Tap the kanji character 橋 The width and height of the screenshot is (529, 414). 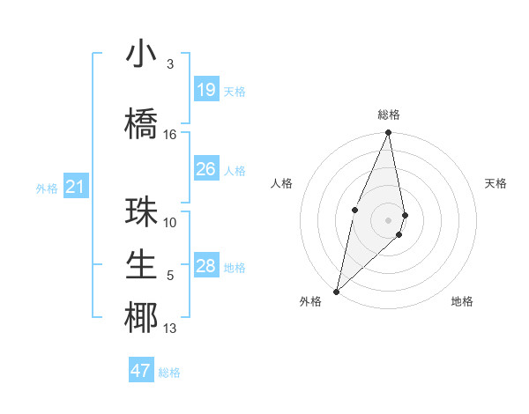point(142,122)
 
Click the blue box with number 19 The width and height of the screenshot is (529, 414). point(206,90)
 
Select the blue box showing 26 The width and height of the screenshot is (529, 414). point(206,169)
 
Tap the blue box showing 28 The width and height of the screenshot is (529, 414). point(206,266)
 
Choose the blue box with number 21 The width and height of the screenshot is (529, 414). point(75,187)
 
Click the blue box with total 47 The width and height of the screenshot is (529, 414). point(141,371)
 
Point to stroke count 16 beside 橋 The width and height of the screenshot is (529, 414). point(170,135)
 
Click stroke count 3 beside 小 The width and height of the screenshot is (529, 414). point(170,64)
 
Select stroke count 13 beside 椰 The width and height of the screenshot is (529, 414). point(170,329)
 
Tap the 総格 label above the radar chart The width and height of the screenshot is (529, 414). point(389,115)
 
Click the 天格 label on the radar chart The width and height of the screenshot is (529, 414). point(496,183)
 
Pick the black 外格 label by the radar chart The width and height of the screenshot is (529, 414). point(310,301)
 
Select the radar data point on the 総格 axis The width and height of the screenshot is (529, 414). point(389,133)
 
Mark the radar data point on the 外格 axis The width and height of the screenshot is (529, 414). point(337,291)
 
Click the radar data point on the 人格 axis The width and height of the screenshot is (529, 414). point(354,209)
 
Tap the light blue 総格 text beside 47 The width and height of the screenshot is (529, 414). point(169,373)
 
